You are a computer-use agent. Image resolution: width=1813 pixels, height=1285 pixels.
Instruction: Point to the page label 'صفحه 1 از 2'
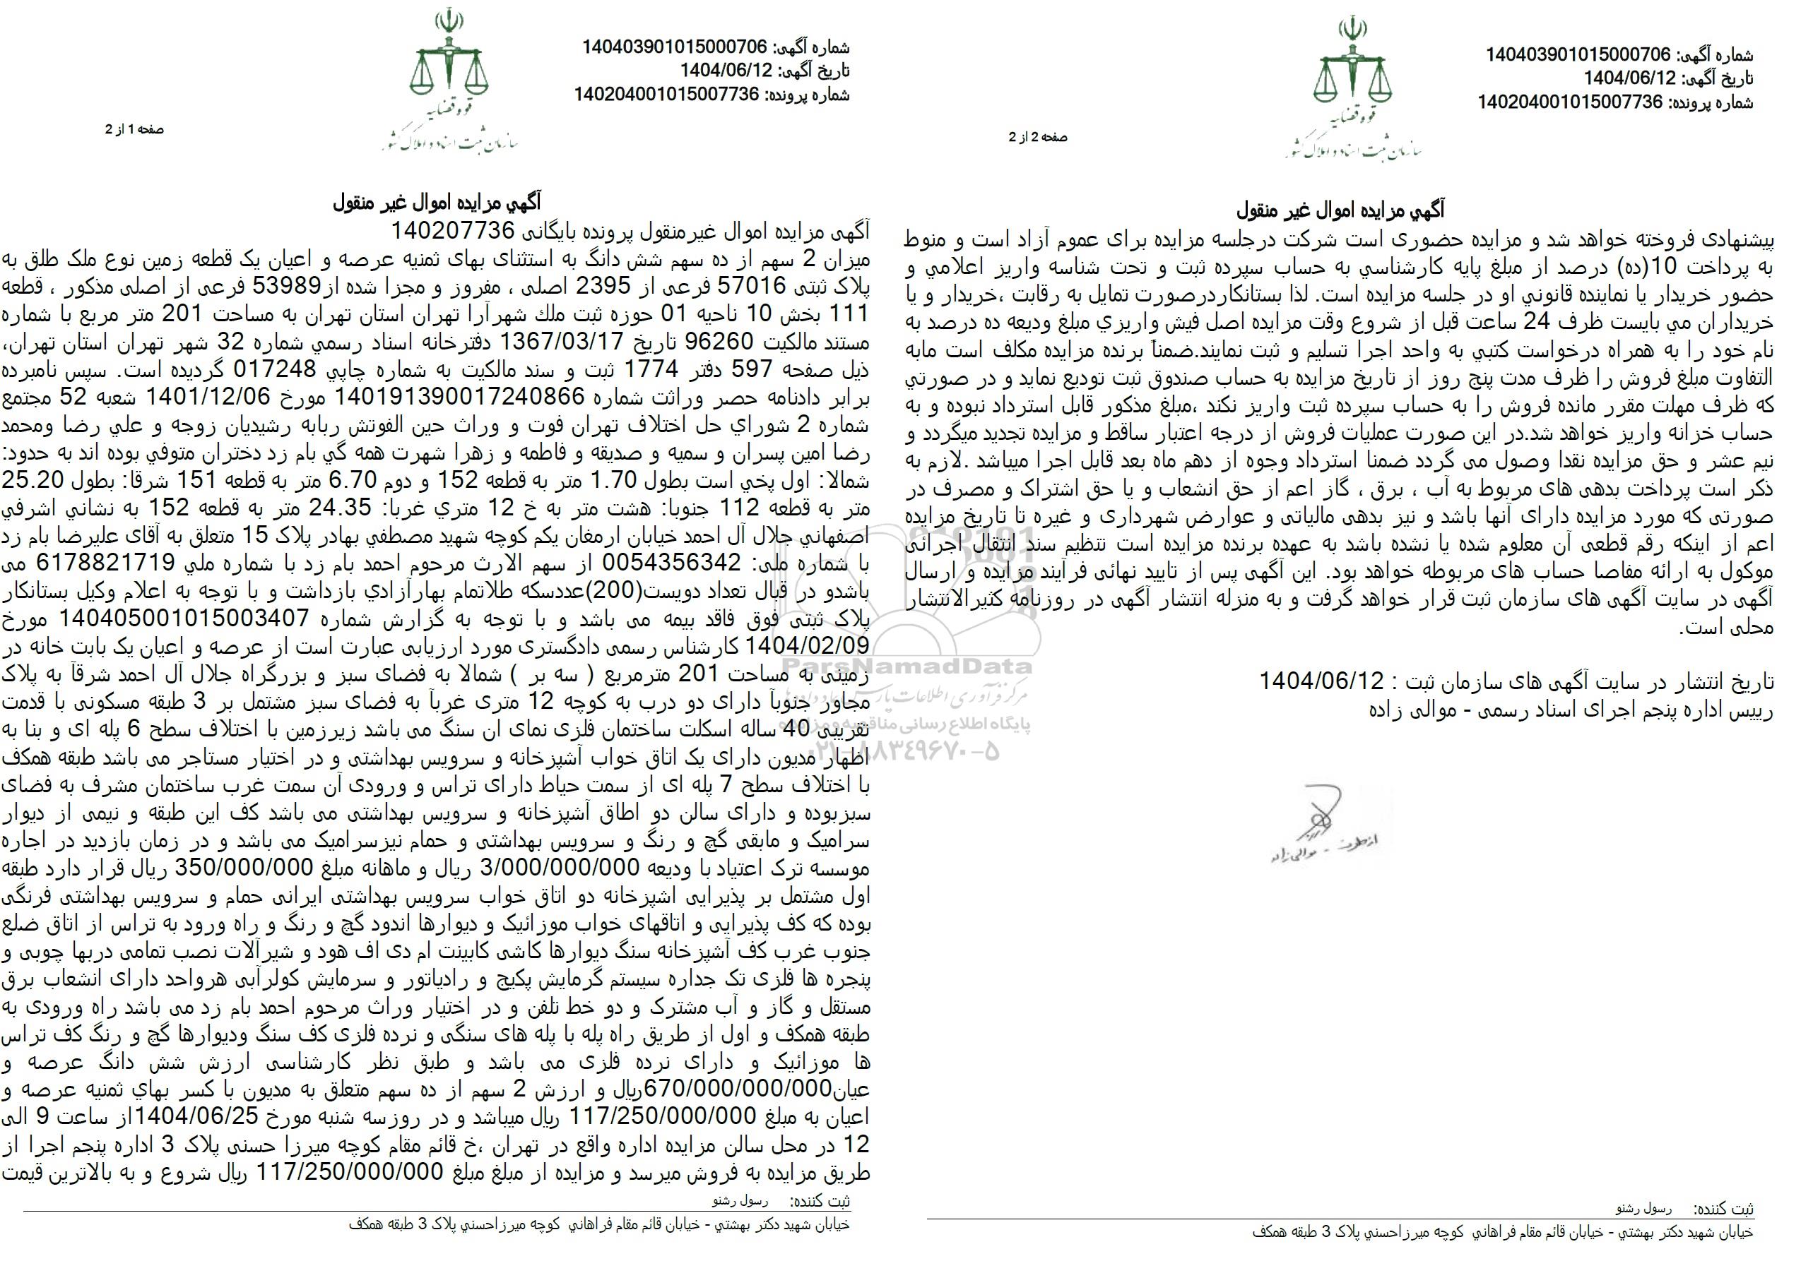coord(134,129)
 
